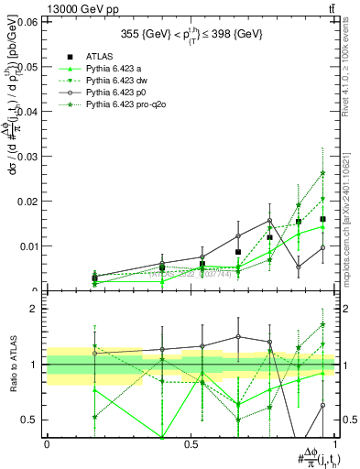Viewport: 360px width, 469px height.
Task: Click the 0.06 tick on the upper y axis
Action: (28, 22)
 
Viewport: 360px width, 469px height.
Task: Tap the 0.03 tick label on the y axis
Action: (28, 157)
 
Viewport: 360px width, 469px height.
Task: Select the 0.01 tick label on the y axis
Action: (28, 246)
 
